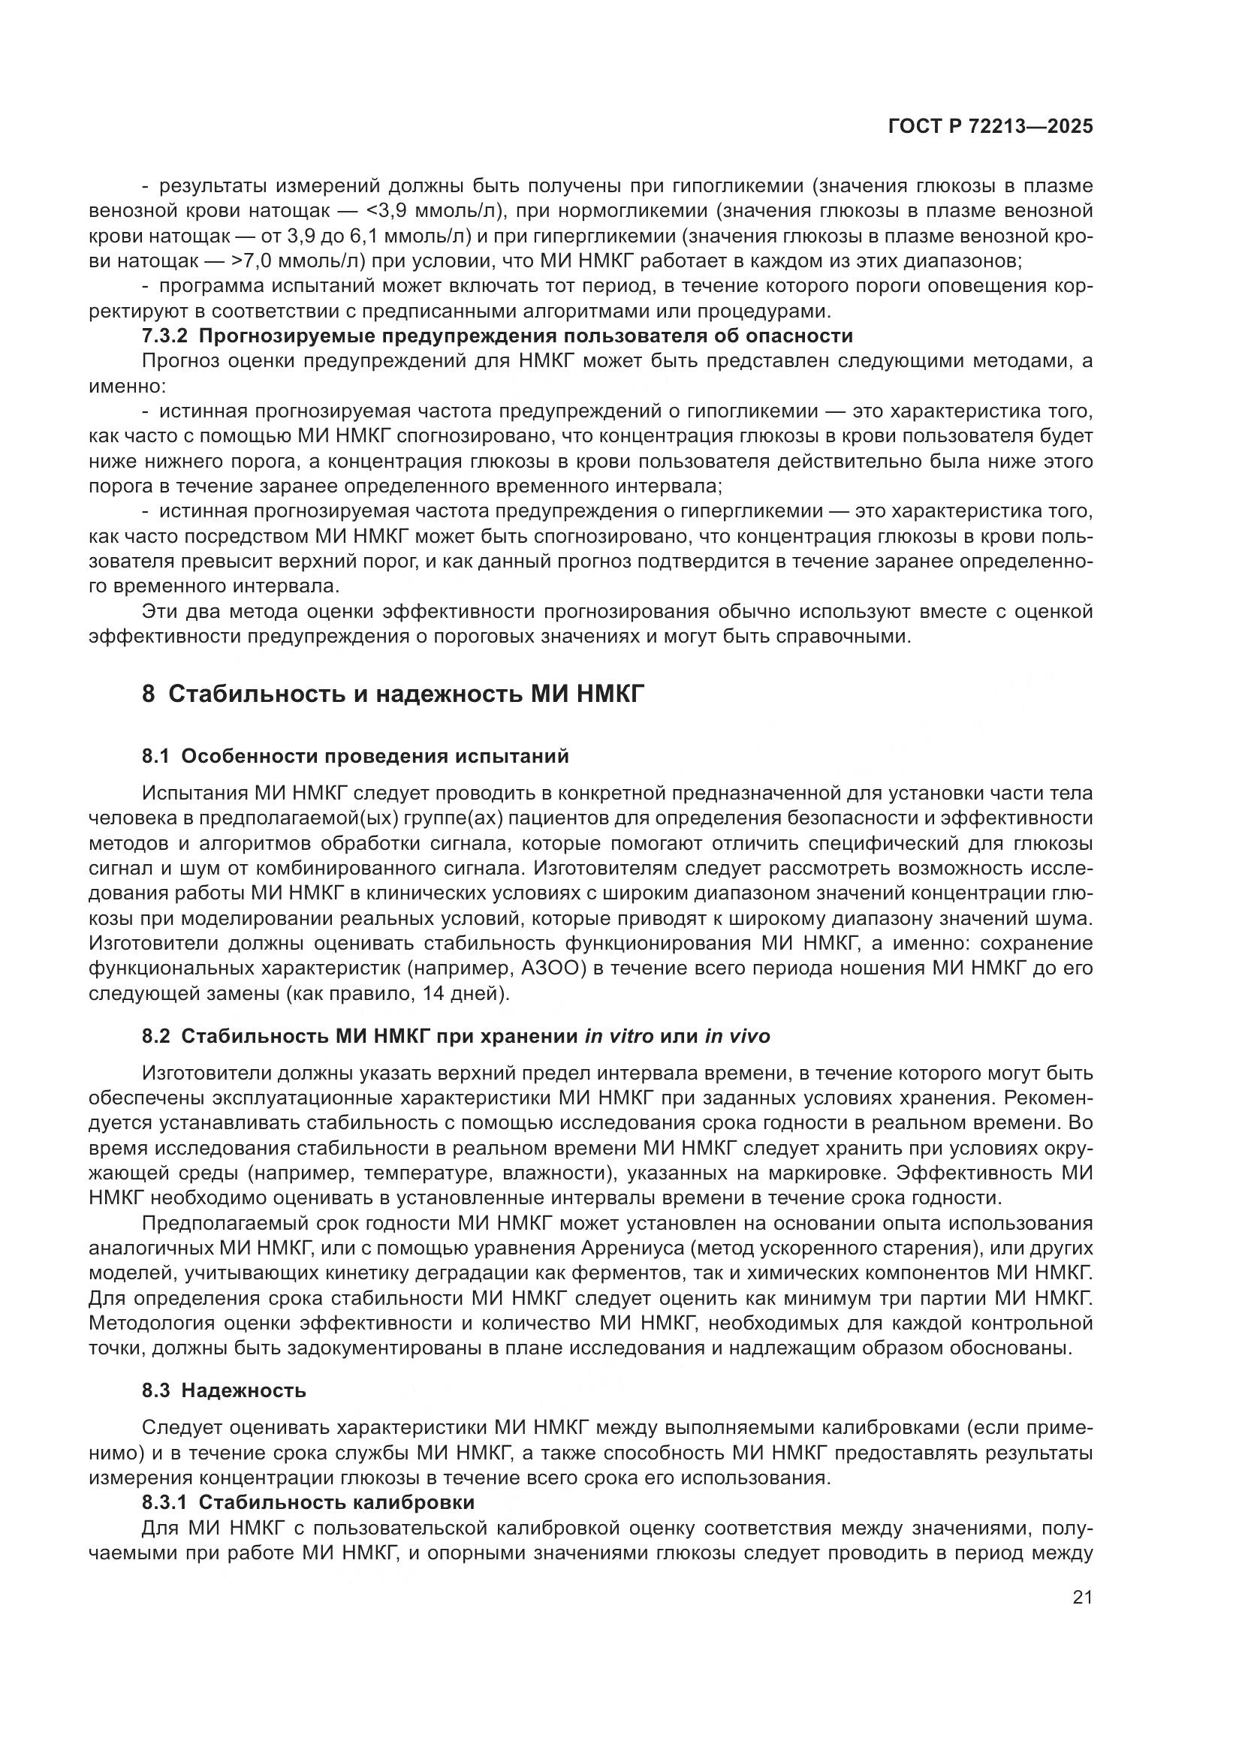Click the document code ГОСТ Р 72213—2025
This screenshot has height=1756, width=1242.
pos(990,126)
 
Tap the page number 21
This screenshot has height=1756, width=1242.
pos(1082,1597)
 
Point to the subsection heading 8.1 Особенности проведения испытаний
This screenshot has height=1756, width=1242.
pos(356,757)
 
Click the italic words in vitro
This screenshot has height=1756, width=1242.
pos(619,1036)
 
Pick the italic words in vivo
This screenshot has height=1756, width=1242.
pos(737,1036)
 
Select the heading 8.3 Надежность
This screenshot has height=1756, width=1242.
pos(223,1390)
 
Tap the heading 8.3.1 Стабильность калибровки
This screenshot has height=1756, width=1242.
pos(307,1502)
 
